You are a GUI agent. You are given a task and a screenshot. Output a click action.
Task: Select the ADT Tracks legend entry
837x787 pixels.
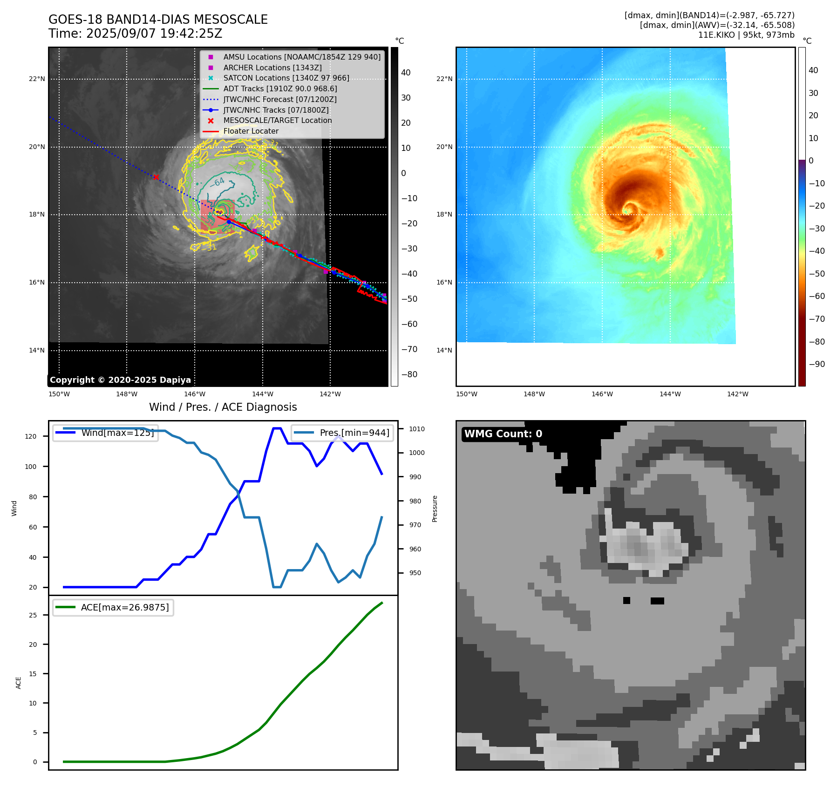[280, 88]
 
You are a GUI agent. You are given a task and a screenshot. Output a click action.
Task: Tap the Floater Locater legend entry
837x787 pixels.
[251, 131]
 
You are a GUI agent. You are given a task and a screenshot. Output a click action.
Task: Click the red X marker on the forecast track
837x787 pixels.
[156, 177]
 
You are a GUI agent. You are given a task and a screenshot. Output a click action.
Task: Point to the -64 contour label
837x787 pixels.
[218, 182]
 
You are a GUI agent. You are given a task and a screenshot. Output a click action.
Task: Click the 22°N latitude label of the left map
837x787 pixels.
[37, 79]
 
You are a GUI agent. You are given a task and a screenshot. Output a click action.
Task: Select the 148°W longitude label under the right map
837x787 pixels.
[534, 394]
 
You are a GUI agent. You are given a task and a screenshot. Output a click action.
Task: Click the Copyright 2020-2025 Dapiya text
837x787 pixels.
[120, 380]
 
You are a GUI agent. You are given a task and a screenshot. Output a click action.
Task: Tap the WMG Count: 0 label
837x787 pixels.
[503, 434]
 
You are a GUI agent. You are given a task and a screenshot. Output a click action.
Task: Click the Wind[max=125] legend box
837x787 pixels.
[106, 433]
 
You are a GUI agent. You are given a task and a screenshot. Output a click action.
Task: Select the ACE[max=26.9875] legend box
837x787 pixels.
[113, 607]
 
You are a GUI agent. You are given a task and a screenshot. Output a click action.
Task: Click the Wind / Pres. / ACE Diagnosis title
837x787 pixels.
[223, 407]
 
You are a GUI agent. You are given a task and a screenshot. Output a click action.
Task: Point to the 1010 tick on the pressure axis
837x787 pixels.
[417, 429]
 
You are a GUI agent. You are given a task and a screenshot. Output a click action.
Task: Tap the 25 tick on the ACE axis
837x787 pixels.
[33, 615]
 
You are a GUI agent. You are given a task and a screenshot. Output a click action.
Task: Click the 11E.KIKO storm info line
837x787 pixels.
[746, 35]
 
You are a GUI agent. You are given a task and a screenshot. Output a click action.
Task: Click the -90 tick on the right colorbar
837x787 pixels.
[817, 364]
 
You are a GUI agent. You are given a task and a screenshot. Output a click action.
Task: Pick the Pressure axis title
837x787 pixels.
[435, 509]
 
